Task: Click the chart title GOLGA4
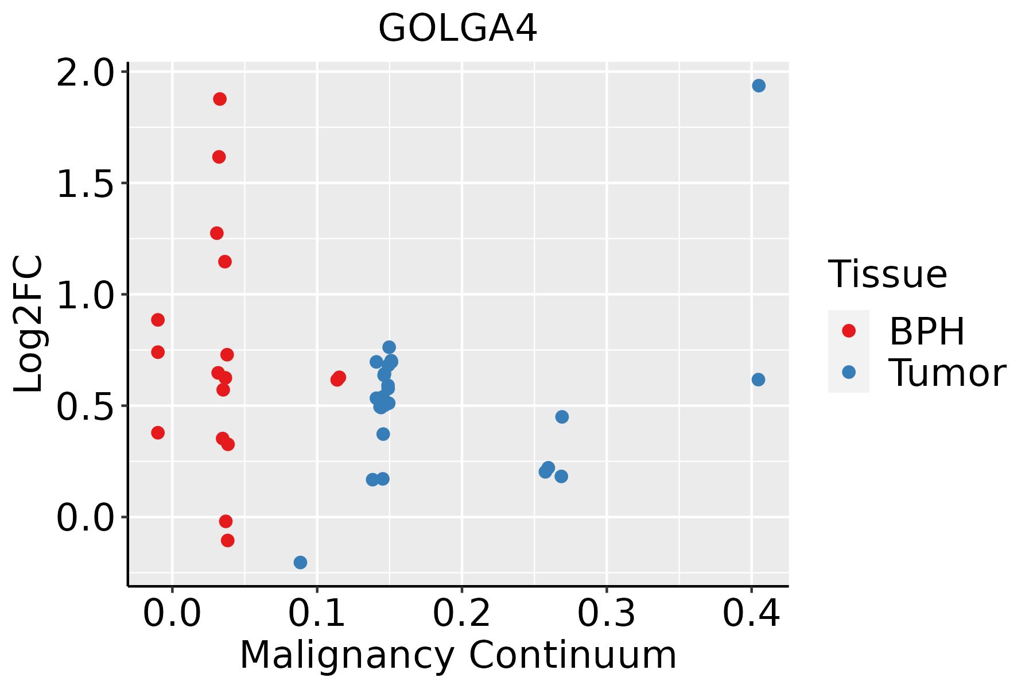[x=457, y=29]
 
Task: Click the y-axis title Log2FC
[x=29, y=324]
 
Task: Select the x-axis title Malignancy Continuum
[x=457, y=655]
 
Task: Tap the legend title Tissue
[x=887, y=274]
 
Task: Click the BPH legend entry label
[x=927, y=331]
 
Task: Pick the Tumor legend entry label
[x=947, y=373]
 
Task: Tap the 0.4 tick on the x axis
[x=751, y=613]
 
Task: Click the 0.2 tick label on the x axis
[x=461, y=613]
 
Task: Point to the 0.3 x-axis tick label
[x=606, y=613]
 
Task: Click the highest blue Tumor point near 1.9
[x=759, y=86]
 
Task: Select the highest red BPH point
[x=220, y=99]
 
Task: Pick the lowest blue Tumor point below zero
[x=300, y=562]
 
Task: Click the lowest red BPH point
[x=228, y=540]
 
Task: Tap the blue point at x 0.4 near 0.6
[x=758, y=380]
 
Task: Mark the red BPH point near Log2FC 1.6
[x=219, y=157]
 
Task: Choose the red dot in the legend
[x=848, y=331]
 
